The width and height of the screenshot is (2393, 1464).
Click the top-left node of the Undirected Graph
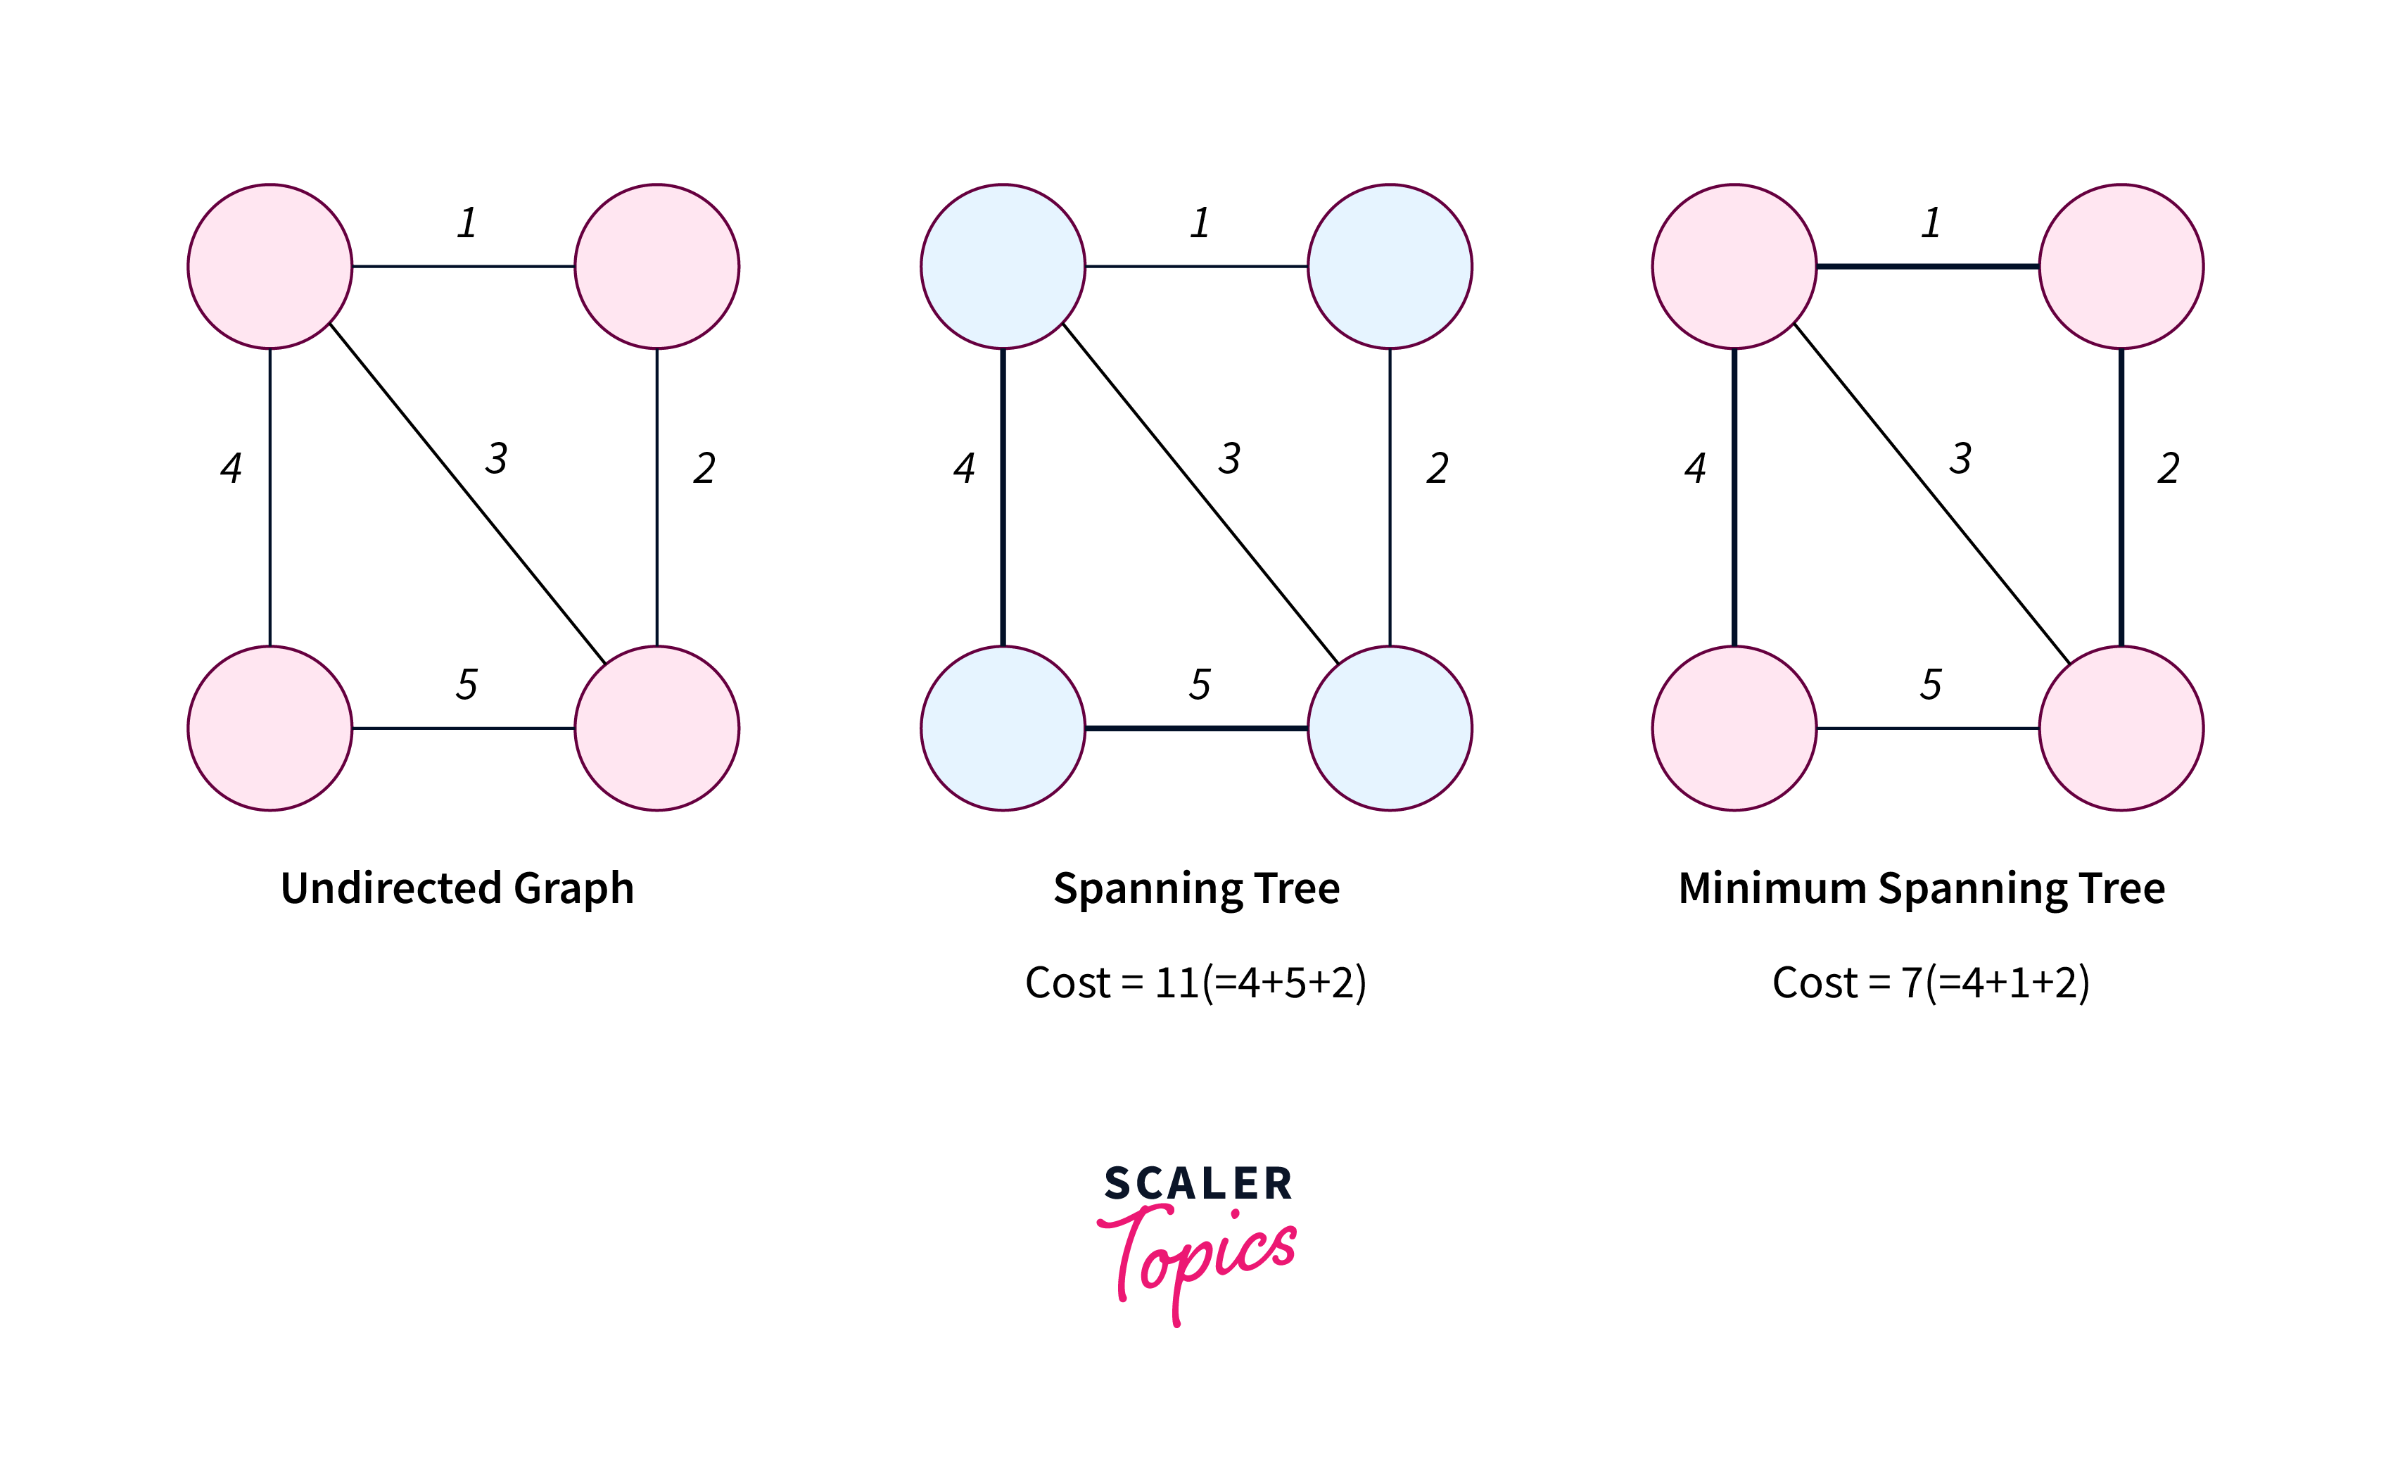[270, 266]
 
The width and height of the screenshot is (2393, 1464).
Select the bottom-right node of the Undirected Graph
[656, 728]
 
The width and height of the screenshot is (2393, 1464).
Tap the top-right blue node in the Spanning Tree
[1390, 266]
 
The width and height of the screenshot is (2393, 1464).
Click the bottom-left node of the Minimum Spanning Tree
[1734, 728]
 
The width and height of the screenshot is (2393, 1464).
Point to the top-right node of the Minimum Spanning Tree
[2121, 266]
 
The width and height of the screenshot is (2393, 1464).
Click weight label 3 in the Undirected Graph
[496, 458]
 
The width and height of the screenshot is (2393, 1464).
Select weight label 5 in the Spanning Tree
[1200, 684]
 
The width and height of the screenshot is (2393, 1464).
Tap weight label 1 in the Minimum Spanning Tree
[1931, 222]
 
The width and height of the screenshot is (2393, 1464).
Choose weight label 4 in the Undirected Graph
[231, 467]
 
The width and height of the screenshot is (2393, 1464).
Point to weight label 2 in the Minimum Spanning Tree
[2169, 467]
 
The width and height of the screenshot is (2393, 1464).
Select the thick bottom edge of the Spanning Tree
[1196, 728]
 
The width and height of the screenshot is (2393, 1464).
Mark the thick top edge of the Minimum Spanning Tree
[1928, 266]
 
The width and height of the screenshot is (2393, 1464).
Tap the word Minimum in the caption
[1772, 888]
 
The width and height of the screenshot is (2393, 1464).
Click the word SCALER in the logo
[1198, 1184]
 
